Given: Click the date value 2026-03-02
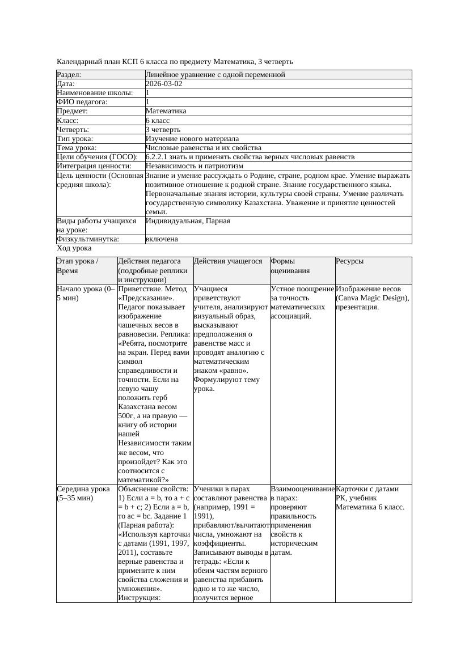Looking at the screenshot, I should (x=164, y=84).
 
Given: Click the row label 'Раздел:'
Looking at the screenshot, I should (x=69, y=75).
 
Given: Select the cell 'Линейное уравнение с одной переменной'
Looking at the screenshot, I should (x=215, y=75).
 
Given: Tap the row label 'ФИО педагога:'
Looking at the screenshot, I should (x=82, y=102).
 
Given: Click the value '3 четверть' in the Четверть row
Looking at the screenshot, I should (x=163, y=130).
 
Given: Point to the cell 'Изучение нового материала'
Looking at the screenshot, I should (x=192, y=139).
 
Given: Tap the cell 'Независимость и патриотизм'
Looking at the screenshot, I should (x=195, y=166).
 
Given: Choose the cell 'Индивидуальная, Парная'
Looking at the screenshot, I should (x=188, y=221).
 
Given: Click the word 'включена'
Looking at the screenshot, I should (x=162, y=239).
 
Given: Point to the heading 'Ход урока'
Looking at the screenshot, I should (x=74, y=248).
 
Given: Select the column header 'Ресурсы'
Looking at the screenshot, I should (x=349, y=261).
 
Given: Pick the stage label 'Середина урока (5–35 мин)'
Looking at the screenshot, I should (x=83, y=493).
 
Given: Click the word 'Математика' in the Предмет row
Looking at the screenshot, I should (x=166, y=111).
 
